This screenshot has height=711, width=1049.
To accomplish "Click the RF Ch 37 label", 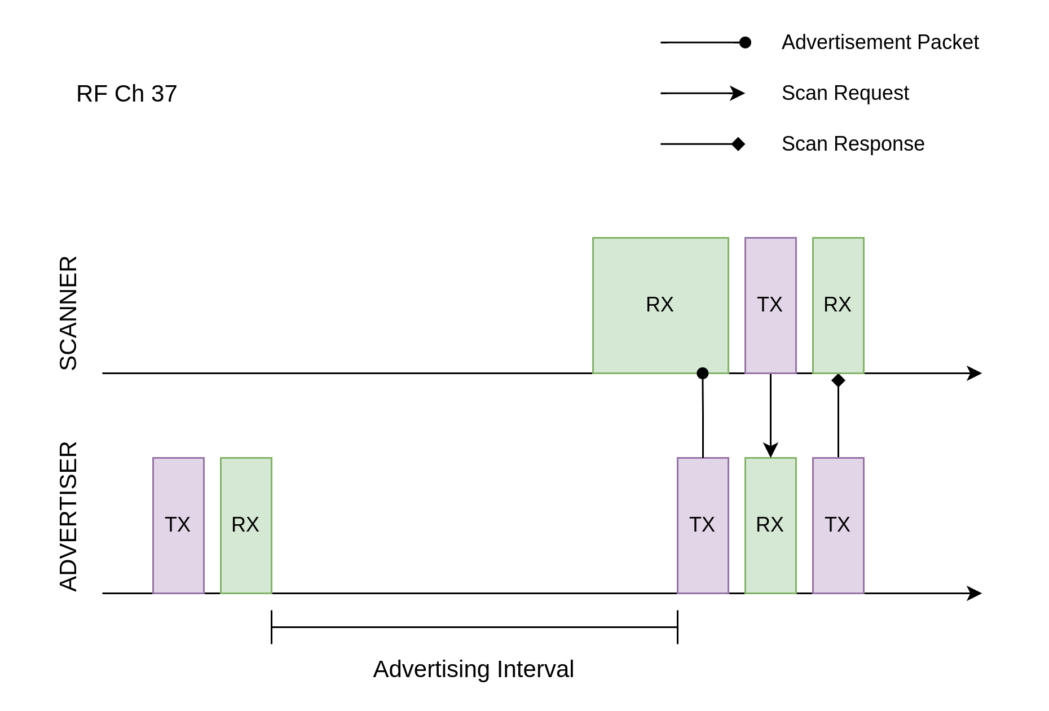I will pyautogui.click(x=126, y=94).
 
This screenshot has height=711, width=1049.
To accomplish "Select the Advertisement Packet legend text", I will pyautogui.click(x=880, y=42).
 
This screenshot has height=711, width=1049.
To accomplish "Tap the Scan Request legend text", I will pyautogui.click(x=845, y=93).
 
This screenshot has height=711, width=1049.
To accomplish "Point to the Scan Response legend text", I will pyautogui.click(x=853, y=144).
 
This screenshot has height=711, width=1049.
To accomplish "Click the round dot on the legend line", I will pyautogui.click(x=745, y=42).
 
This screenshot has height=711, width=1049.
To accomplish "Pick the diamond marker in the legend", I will pyautogui.click(x=738, y=144).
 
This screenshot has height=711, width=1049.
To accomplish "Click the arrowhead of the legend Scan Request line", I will pyautogui.click(x=738, y=93).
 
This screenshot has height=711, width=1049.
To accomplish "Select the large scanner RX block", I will pyautogui.click(x=660, y=305).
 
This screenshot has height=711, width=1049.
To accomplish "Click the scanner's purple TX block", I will pyautogui.click(x=770, y=305).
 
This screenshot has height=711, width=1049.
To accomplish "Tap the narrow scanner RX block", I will pyautogui.click(x=838, y=305).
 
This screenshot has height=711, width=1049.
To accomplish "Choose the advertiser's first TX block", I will pyautogui.click(x=178, y=525).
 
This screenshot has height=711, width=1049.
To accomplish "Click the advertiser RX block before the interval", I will pyautogui.click(x=246, y=525).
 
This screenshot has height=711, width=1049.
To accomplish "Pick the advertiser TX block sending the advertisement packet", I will pyautogui.click(x=703, y=525).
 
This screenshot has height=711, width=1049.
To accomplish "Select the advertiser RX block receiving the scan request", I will pyautogui.click(x=770, y=525).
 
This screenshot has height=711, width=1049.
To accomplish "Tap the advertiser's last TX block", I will pyautogui.click(x=838, y=525).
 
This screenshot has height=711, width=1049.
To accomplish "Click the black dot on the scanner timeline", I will pyautogui.click(x=703, y=373).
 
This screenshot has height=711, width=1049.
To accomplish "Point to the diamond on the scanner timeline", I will pyautogui.click(x=838, y=380).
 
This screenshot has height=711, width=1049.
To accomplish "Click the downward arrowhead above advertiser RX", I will pyautogui.click(x=770, y=450).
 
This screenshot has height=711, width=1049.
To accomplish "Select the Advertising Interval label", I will pyautogui.click(x=474, y=669).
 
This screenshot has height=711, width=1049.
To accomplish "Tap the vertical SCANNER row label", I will pyautogui.click(x=69, y=313).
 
